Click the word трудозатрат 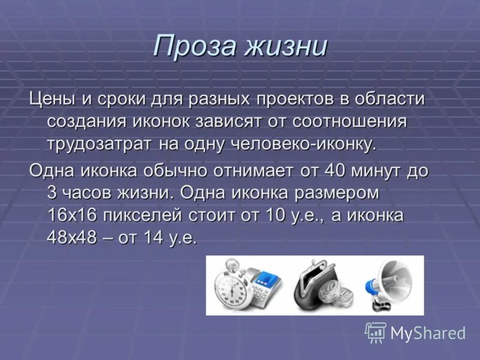(x=98, y=143)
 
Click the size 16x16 (x=70, y=215)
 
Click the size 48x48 (x=70, y=238)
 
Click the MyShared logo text (x=428, y=333)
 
